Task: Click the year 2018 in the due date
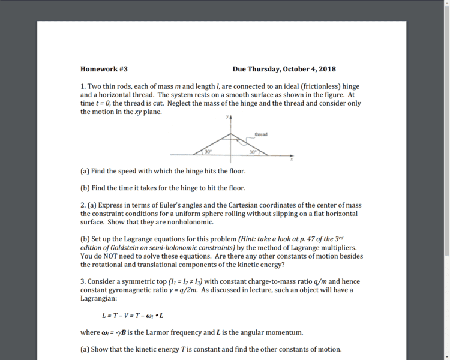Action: (x=328, y=69)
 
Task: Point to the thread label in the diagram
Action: (x=261, y=134)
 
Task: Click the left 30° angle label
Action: (x=208, y=151)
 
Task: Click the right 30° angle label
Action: (x=253, y=151)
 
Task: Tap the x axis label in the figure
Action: (x=292, y=160)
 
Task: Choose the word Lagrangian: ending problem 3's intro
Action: (x=99, y=298)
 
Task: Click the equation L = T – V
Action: (x=133, y=316)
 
